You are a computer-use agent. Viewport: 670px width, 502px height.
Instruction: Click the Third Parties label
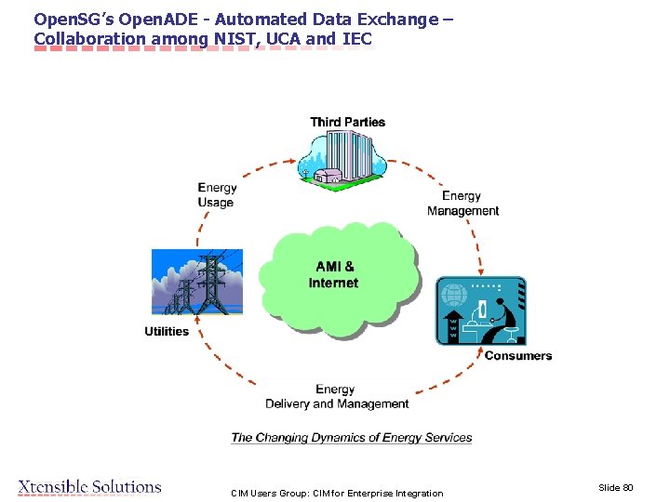(x=347, y=122)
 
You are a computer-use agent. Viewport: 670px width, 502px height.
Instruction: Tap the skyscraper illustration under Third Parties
(x=347, y=157)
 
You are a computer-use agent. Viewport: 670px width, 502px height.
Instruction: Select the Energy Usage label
(x=217, y=195)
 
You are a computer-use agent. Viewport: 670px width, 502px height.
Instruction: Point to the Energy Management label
(x=462, y=204)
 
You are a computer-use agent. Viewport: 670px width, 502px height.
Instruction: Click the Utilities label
(x=167, y=332)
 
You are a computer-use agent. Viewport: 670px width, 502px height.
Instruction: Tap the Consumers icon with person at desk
(x=481, y=311)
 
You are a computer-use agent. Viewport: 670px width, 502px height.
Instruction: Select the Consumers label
(x=517, y=356)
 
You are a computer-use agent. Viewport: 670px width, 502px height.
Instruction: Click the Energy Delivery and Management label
(x=337, y=397)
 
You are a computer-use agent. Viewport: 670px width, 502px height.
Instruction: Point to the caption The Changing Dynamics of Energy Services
(x=352, y=438)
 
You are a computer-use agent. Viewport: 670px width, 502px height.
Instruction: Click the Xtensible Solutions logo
(x=89, y=487)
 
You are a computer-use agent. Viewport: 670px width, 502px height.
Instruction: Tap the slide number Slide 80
(x=615, y=487)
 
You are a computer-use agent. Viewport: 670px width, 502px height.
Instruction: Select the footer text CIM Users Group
(x=337, y=493)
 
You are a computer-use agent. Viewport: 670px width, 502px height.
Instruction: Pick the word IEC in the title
(x=356, y=39)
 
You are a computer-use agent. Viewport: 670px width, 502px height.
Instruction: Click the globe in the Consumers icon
(x=454, y=296)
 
